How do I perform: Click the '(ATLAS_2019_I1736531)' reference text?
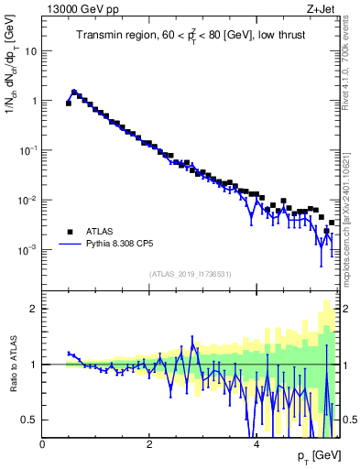point(191,274)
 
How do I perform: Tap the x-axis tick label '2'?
point(149,444)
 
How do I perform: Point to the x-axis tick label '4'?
point(256,444)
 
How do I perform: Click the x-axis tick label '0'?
point(43,444)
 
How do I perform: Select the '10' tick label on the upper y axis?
point(29,52)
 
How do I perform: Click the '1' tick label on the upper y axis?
point(33,102)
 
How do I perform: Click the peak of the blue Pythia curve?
point(74,92)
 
